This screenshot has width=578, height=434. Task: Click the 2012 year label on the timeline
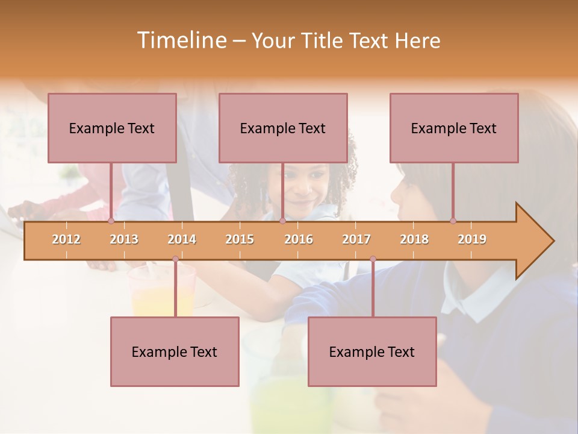[x=66, y=239]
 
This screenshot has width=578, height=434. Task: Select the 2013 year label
[x=124, y=239]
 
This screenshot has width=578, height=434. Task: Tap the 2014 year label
[x=182, y=239]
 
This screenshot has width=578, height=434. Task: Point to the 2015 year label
[x=240, y=239]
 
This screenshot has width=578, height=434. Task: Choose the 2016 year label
[x=299, y=239]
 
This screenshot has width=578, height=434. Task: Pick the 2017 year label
[x=356, y=239]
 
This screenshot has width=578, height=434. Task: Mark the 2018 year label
[x=414, y=239]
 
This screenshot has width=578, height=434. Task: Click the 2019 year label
[x=472, y=239]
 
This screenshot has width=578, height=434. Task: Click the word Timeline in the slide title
[x=180, y=40]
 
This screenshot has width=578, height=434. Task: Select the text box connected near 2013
[x=112, y=128]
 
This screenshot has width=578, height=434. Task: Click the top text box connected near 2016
[x=283, y=128]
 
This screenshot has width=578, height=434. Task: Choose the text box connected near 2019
[x=454, y=128]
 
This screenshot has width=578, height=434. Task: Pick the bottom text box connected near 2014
[x=175, y=351]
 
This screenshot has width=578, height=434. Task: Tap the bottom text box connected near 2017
[x=372, y=351]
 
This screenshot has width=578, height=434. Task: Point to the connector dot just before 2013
[x=111, y=221]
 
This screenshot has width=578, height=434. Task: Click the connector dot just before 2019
[x=453, y=221]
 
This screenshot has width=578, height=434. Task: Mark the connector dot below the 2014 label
[x=175, y=259]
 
